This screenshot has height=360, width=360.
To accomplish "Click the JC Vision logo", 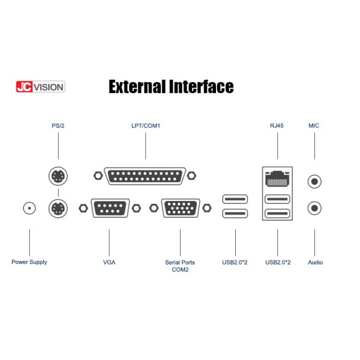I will pyautogui.click(x=40, y=87).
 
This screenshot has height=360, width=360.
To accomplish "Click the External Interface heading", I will pyautogui.click(x=171, y=86).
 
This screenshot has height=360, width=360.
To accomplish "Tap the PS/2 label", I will pyautogui.click(x=58, y=126).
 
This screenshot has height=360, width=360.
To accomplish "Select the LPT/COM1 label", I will pyautogui.click(x=146, y=126).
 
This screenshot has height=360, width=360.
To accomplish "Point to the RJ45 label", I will pyautogui.click(x=277, y=126).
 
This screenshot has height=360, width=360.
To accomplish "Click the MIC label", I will pyautogui.click(x=314, y=126).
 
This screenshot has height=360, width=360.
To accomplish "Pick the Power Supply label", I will pyautogui.click(x=29, y=262).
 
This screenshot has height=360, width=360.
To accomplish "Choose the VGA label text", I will pyautogui.click(x=109, y=262).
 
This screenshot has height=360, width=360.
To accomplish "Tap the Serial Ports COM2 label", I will pyautogui.click(x=181, y=266).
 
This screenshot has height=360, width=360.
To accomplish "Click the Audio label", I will pyautogui.click(x=315, y=262).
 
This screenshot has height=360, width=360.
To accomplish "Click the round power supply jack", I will pyautogui.click(x=29, y=208).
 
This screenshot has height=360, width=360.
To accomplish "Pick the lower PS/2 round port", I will pyautogui.click(x=58, y=209).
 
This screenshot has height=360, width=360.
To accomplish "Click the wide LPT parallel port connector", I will pyautogui.click(x=146, y=176).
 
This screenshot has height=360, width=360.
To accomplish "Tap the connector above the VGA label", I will pyautogui.click(x=110, y=208).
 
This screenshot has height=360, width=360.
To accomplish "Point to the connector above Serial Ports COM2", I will pyautogui.click(x=181, y=208).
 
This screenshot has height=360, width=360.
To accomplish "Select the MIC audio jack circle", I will pyautogui.click(x=314, y=179).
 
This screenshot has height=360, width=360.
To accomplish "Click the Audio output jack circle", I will pyautogui.click(x=314, y=208).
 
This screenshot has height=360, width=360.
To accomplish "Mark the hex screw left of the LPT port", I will pyautogui.click(x=98, y=176).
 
